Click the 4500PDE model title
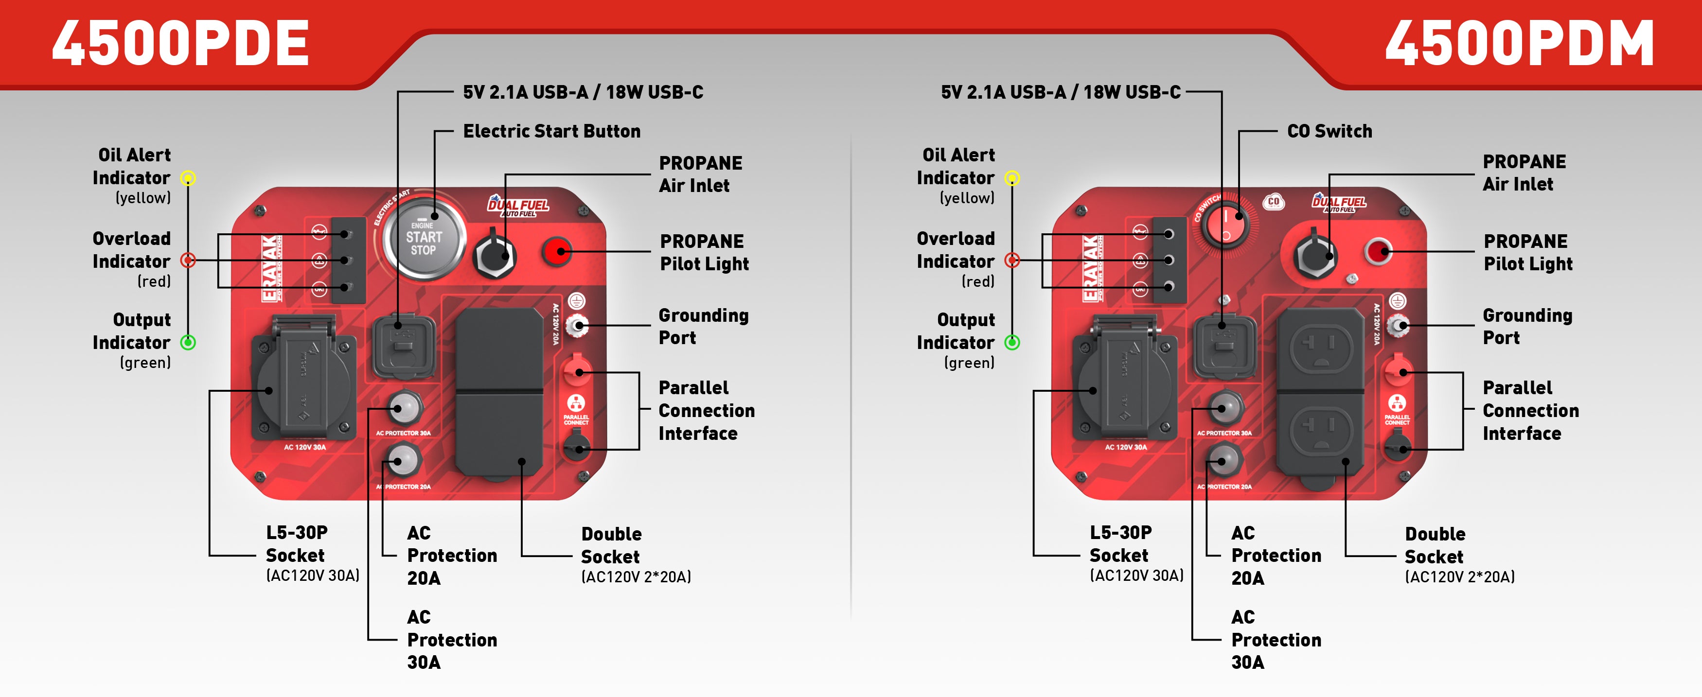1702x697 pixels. coord(180,44)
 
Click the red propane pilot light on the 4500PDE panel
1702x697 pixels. coord(557,251)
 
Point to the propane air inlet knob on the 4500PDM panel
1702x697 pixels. coord(1315,256)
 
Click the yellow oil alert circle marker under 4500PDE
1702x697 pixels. coord(188,178)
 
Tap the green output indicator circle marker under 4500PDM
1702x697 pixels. coord(1012,342)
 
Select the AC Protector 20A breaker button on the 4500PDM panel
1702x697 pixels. coord(1225,460)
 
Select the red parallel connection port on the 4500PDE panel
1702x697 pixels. coord(577,371)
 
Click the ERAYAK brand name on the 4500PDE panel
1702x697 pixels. coord(270,267)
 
